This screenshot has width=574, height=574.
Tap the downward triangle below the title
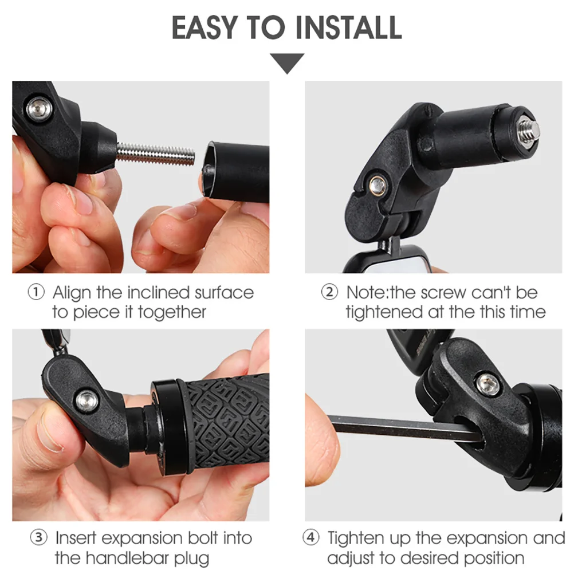(287, 62)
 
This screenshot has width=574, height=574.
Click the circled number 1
(36, 293)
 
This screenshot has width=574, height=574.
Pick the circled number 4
(311, 538)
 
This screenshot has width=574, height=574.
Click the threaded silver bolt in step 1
(155, 154)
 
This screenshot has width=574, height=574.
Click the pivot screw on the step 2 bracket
(378, 184)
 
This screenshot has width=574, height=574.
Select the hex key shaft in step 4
(401, 428)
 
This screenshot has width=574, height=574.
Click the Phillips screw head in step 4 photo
(488, 383)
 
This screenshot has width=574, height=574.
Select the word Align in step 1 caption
(72, 293)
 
